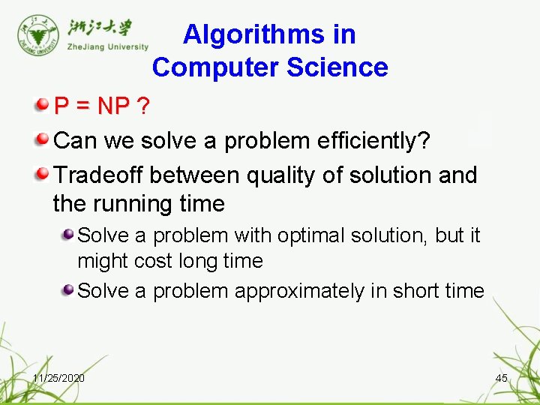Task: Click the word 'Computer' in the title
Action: [217, 67]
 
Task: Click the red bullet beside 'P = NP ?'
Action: [42, 105]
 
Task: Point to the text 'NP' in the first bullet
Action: [113, 106]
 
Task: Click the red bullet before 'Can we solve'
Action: [42, 139]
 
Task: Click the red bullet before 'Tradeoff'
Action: [42, 173]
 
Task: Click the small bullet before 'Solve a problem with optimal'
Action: [68, 235]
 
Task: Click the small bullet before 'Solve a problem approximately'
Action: [68, 290]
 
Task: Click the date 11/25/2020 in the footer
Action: [58, 378]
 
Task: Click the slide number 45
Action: [502, 378]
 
